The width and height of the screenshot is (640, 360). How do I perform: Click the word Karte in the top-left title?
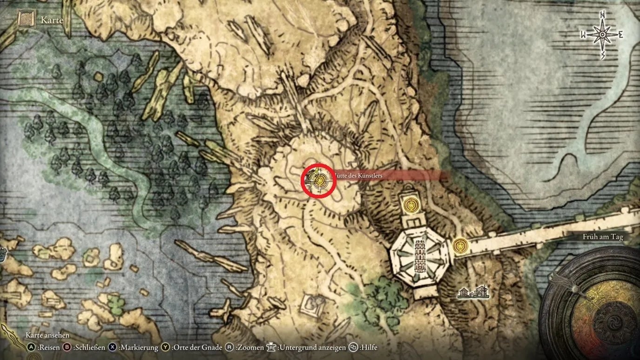52,20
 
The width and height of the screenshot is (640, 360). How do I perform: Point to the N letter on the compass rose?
602,14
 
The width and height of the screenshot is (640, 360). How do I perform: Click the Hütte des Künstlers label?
357,175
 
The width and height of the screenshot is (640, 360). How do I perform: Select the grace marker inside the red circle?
319,180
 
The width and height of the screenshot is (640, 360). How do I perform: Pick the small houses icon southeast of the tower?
473,292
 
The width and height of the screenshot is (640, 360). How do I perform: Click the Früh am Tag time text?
602,237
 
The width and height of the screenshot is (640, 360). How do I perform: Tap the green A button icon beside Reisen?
31,347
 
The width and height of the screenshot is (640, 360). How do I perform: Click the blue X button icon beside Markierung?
112,347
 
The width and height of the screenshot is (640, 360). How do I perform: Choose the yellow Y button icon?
165,347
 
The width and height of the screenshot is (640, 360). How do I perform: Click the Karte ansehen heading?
47,335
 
